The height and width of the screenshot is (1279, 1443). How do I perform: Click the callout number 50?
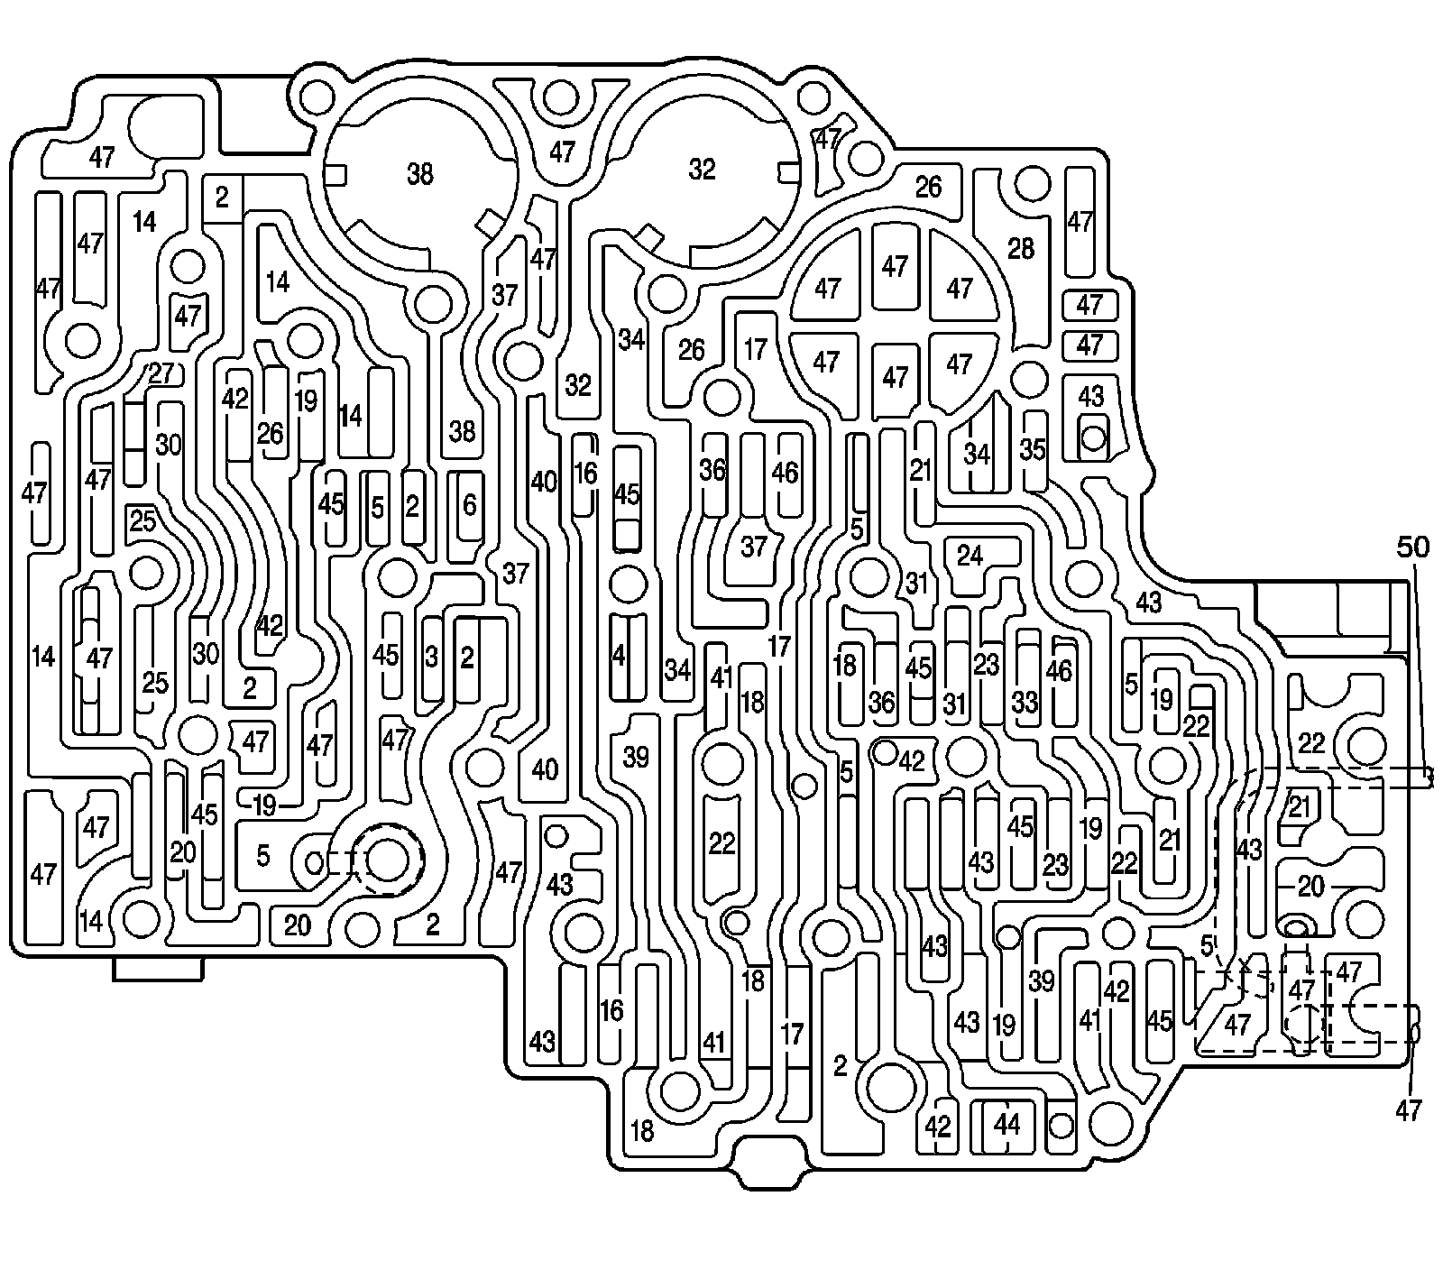coord(1413,548)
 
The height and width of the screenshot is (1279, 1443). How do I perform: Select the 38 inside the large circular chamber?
coord(419,173)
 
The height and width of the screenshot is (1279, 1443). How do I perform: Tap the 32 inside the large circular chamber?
coord(702,169)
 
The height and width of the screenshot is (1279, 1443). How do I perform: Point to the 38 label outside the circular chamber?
coord(462,431)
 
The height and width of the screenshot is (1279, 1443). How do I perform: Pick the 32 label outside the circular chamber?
coord(578,384)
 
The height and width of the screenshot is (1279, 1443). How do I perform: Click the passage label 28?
coord(1021,248)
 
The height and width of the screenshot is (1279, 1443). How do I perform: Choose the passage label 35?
coord(1033,448)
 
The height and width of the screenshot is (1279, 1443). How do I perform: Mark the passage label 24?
coord(970,556)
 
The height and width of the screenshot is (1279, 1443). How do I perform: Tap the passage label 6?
coord(469,505)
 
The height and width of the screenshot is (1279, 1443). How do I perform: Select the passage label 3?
coord(431,658)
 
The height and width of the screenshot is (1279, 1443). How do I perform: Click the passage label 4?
coord(618,656)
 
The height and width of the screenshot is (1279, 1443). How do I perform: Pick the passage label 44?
coord(1006,1124)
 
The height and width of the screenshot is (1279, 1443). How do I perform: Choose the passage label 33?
coord(1025,702)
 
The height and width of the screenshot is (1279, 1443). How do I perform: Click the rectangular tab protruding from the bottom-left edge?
coord(158,968)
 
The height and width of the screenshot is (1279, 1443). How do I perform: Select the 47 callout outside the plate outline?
coord(1408,1110)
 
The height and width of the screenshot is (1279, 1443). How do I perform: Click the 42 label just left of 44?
coord(939,1127)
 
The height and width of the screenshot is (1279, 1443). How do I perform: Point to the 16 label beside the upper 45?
coord(586,473)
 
